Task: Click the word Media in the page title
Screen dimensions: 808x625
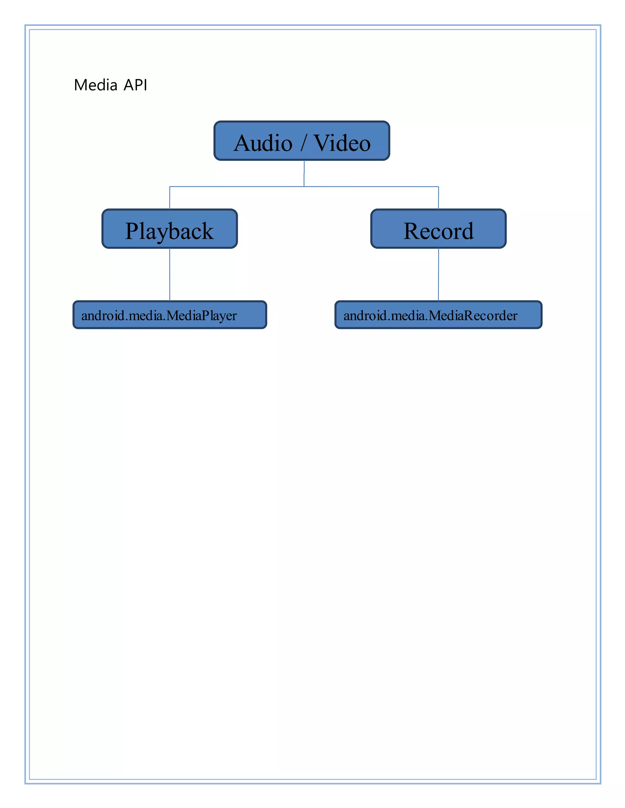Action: (96, 85)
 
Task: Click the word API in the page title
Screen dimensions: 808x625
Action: (135, 85)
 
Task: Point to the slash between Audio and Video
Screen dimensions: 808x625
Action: (303, 144)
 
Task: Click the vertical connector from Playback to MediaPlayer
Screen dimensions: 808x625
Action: (170, 274)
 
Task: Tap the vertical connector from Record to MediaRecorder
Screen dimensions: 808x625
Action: (439, 274)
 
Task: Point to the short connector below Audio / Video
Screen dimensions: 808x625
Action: (304, 173)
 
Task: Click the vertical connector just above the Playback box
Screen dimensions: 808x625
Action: (170, 198)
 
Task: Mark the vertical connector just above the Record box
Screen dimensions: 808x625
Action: (439, 198)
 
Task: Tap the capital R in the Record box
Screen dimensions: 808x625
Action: (412, 231)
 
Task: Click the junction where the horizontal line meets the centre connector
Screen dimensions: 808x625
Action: (304, 187)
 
